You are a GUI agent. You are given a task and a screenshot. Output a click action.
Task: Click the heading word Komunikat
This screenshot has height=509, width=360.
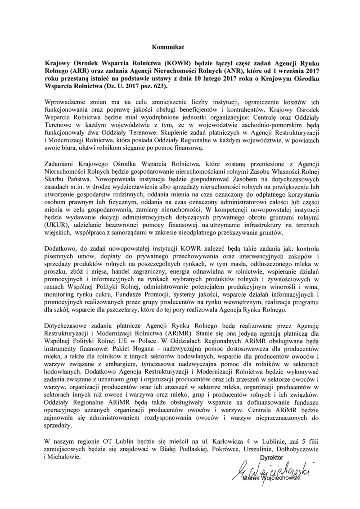tap(165, 46)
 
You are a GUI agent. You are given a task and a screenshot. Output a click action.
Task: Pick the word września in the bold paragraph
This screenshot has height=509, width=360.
tap(283, 71)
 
